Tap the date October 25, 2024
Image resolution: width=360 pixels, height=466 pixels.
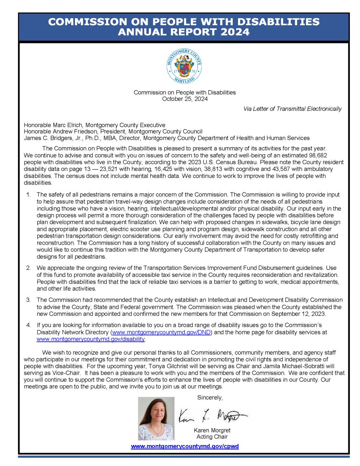[x=184, y=99]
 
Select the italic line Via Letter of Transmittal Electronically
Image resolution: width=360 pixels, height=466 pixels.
[x=292, y=109]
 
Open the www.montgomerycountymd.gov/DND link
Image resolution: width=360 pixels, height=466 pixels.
[x=161, y=333]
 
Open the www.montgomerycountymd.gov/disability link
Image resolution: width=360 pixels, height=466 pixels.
[x=90, y=339]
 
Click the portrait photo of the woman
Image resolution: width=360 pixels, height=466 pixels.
[x=157, y=418]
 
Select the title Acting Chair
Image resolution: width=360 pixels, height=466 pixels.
[x=212, y=437]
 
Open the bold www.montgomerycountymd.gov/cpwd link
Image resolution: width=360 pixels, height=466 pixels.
[x=185, y=447]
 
